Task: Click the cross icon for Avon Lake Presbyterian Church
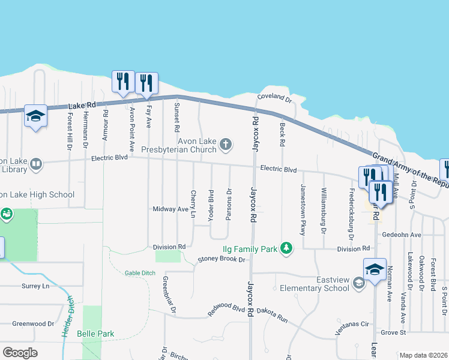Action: (226, 143)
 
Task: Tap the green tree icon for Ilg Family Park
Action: (287, 247)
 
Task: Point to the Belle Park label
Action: (95, 334)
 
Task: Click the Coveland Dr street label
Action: (274, 97)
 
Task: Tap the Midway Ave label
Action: (170, 209)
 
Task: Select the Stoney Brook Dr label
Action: (222, 260)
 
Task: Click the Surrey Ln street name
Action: (35, 286)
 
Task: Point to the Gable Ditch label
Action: (140, 273)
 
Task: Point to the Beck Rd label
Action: (282, 134)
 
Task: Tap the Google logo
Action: (20, 352)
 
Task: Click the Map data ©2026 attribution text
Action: (423, 355)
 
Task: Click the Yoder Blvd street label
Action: (211, 205)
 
